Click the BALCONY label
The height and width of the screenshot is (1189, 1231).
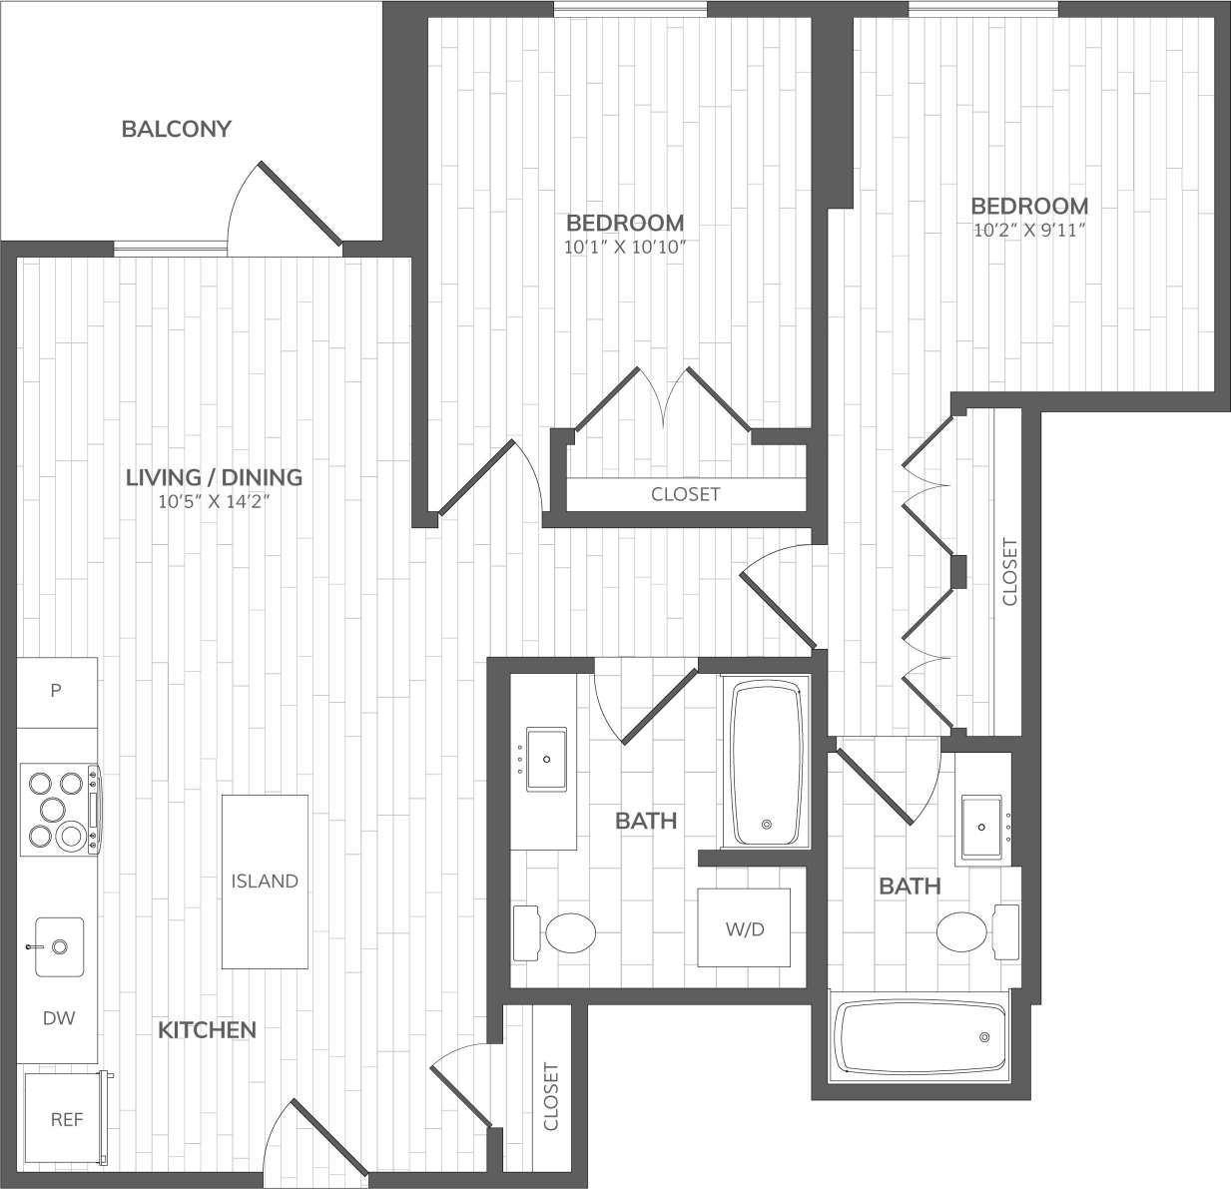click(176, 129)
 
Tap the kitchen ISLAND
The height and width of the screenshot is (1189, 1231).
click(265, 881)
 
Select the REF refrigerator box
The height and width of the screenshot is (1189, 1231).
click(66, 1119)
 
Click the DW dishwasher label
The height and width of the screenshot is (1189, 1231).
click(58, 1018)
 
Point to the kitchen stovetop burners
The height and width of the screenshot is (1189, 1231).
click(58, 809)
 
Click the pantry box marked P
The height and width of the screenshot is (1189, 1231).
click(57, 691)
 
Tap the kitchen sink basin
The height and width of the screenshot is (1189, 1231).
click(60, 945)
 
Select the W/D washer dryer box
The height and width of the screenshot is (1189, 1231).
click(744, 928)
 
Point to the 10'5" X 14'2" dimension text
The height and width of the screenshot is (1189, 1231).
click(214, 502)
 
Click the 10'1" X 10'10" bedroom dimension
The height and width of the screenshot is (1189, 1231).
click(625, 248)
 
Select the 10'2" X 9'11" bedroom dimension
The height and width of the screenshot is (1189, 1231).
click(1029, 231)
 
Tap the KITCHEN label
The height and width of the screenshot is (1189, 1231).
click(207, 1029)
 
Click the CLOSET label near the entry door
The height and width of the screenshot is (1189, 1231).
click(551, 1096)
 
